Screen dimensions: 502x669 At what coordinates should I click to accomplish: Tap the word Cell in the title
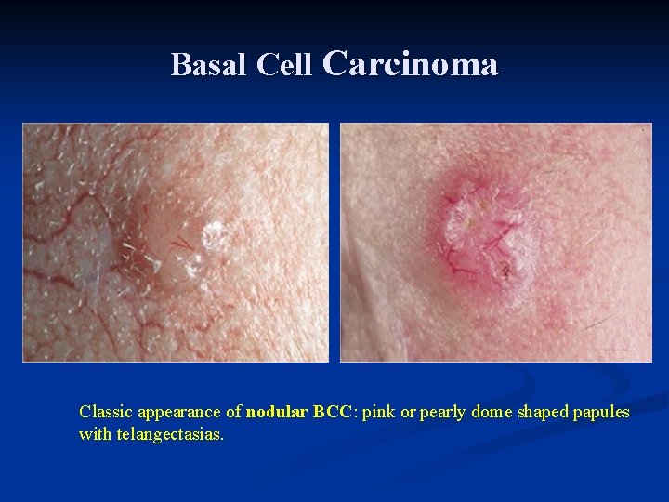pos(285,64)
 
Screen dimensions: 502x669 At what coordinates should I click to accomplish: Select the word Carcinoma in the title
pos(411,63)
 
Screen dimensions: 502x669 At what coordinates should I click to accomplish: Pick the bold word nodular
pos(276,411)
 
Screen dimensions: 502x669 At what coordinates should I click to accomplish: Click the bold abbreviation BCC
pos(333,411)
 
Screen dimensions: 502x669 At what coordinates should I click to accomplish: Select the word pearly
pos(444,412)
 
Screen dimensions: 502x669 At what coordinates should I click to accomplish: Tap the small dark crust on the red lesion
pos(505,271)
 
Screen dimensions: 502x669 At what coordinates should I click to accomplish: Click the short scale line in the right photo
pos(611,350)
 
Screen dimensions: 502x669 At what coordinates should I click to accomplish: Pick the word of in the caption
pos(234,411)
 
